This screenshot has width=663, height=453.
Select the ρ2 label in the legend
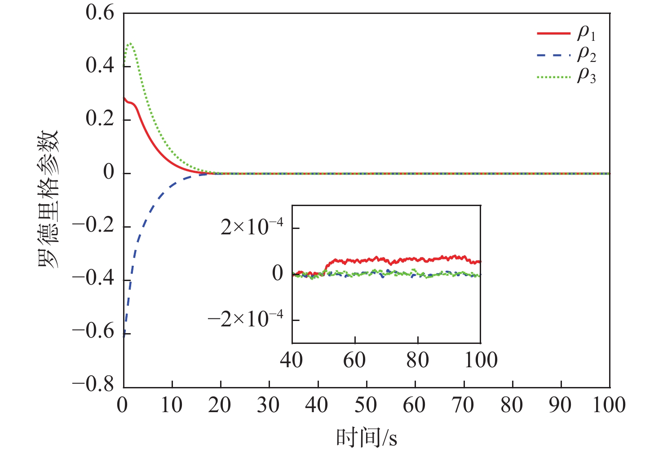586,54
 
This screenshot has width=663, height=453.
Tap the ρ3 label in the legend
586,76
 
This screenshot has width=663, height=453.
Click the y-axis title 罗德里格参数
48,199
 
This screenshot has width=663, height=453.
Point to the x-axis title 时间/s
367,438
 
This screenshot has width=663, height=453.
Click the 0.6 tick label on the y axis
100,13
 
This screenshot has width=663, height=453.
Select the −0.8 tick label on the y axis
93,385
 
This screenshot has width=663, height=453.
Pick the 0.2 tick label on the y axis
100,119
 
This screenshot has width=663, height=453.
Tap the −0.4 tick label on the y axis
93,279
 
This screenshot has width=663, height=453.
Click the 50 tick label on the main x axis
366,405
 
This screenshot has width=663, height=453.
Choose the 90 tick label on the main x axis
560,405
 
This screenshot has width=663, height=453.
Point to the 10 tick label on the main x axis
172,405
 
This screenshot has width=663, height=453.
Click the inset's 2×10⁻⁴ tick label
252,228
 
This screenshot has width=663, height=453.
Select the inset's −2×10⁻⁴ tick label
245,320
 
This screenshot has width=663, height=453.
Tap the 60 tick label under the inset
354,360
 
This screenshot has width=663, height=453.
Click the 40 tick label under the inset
292,360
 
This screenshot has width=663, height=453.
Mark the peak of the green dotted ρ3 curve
130,44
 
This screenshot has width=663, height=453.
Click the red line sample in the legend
553,33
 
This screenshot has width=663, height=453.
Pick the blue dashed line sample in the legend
553,55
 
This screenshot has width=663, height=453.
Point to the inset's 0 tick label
278,273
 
